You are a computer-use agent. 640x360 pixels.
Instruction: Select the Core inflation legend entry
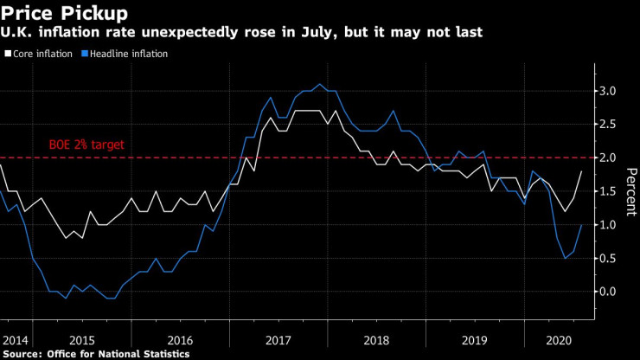(x=43, y=54)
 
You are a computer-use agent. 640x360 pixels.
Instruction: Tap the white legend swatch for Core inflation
(x=7, y=54)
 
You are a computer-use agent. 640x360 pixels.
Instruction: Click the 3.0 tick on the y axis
(x=610, y=90)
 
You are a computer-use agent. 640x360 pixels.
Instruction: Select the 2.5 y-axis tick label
(x=610, y=124)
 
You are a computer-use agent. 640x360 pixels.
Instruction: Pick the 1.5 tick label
(x=610, y=191)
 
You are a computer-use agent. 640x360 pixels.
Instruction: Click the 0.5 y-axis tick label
(x=610, y=259)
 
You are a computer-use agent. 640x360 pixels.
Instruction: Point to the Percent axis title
(x=630, y=191)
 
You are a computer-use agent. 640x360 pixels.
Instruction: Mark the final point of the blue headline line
(x=580, y=225)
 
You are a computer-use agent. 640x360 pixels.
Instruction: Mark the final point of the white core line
(x=580, y=171)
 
